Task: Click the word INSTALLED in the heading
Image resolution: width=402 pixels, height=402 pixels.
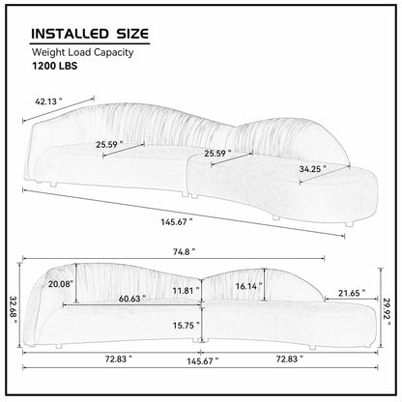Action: pyautogui.click(x=70, y=34)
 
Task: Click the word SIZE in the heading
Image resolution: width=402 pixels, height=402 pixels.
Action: pyautogui.click(x=132, y=34)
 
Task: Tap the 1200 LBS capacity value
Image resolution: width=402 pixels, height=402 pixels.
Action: pyautogui.click(x=54, y=66)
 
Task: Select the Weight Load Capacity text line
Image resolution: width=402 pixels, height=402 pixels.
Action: pyautogui.click(x=82, y=52)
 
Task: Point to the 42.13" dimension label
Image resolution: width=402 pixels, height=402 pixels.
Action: pyautogui.click(x=48, y=101)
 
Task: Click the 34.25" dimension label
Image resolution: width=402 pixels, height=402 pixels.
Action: pyautogui.click(x=312, y=169)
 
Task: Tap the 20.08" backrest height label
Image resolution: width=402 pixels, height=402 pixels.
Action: pyautogui.click(x=61, y=284)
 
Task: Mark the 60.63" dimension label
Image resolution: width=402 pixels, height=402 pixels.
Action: pyautogui.click(x=132, y=299)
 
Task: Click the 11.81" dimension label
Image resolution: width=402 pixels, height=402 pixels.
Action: pyautogui.click(x=186, y=291)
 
